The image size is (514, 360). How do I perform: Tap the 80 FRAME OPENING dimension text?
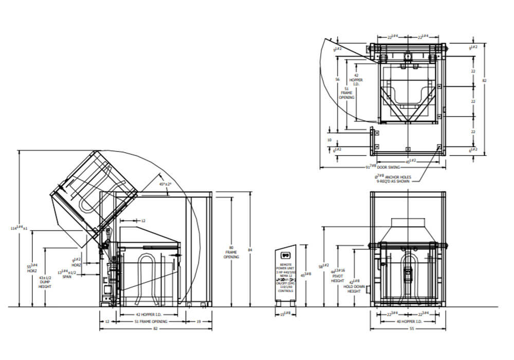(x=231, y=251)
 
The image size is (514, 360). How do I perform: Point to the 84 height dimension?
(x=250, y=250)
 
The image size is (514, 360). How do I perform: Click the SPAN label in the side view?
(x=68, y=276)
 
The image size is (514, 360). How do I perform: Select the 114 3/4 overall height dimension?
(x=20, y=227)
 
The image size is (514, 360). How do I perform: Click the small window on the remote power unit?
(x=286, y=253)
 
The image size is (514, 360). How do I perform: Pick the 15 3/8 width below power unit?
(x=286, y=313)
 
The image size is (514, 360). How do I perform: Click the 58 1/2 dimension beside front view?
(x=322, y=266)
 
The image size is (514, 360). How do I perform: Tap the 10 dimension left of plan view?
(x=329, y=139)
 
